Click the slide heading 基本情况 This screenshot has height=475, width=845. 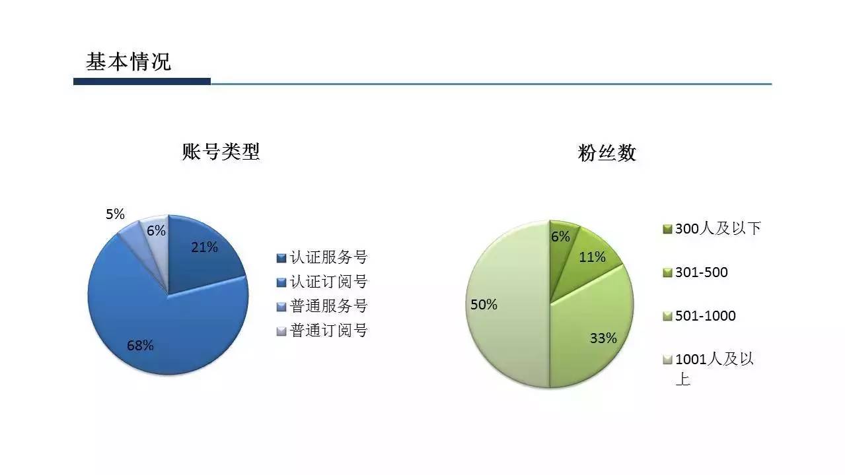pos(129,62)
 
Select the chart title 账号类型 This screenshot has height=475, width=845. pos(221,152)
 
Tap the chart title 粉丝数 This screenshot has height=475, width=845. pos(607,152)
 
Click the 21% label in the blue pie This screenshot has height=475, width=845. pos(204,247)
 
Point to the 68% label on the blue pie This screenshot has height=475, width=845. pos(140,346)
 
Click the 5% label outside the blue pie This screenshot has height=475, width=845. pos(115,214)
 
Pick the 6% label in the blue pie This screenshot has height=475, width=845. pos(156,230)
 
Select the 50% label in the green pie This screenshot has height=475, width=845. pos(484,304)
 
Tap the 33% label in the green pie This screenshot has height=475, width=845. pos(604,338)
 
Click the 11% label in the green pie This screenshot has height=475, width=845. pos(592,257)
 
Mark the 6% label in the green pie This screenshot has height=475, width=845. pos(560,237)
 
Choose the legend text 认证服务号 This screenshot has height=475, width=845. pos(328,257)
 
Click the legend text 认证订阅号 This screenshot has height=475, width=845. pos(328,282)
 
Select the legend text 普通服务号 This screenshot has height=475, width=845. pos(328,306)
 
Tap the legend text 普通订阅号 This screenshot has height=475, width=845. pos(328,331)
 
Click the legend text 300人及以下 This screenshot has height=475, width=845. pos(718,228)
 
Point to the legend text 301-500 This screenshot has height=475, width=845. pos(701,272)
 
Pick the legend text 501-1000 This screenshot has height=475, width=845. pos(706,315)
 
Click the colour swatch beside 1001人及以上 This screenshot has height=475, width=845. pos(667,360)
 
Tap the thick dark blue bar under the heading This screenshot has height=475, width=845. pos(142,81)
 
